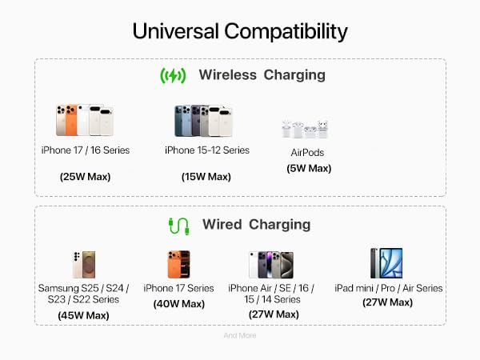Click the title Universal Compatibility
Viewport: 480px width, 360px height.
point(239,31)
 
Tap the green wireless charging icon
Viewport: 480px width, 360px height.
point(173,75)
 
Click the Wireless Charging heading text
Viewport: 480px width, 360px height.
point(262,75)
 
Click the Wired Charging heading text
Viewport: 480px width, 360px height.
point(256,225)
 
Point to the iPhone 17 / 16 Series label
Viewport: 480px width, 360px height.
point(85,150)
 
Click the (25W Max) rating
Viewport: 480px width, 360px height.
point(85,177)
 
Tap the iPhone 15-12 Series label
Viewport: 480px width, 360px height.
point(207,150)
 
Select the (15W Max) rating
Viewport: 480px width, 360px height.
point(206,177)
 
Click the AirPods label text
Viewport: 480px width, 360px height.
point(308,153)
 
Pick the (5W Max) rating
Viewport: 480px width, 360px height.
point(308,168)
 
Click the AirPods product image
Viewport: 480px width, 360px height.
point(305,128)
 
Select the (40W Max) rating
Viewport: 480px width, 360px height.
point(179,304)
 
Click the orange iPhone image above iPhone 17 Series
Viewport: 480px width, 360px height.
point(179,264)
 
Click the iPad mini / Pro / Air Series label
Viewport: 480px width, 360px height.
point(388,288)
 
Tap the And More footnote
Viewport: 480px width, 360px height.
point(239,336)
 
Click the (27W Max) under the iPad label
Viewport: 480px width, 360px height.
point(387,302)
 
